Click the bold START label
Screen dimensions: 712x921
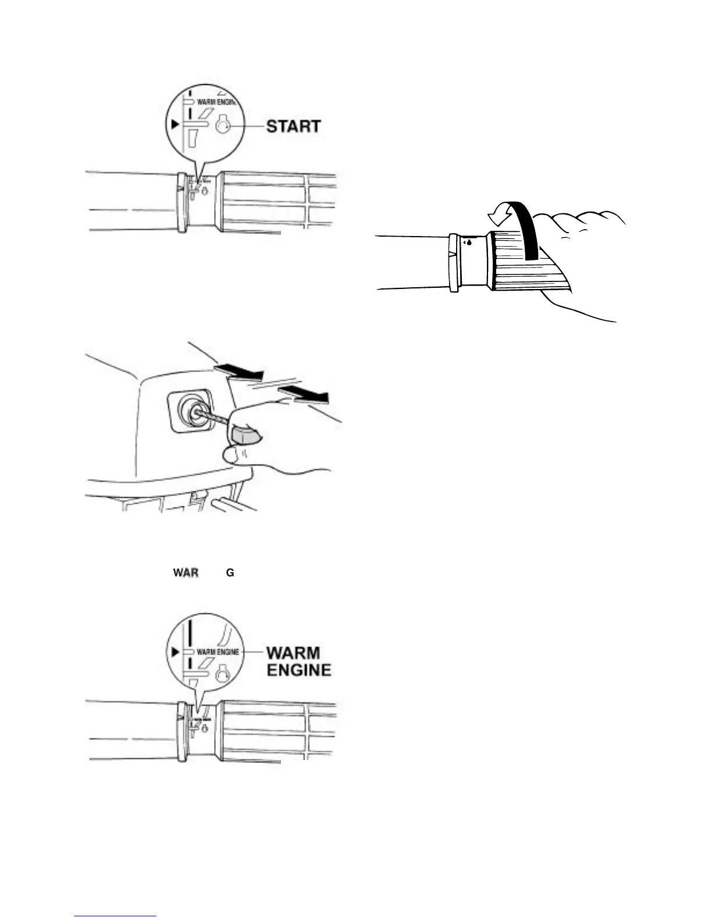(x=293, y=126)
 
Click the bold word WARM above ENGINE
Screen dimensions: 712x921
(x=293, y=652)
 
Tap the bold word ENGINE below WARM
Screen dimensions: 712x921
(x=298, y=670)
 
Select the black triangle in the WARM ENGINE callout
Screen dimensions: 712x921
(x=173, y=652)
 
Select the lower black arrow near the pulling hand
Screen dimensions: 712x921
(x=303, y=395)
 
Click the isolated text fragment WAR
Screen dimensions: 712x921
(x=186, y=573)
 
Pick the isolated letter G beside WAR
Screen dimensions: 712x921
(x=230, y=573)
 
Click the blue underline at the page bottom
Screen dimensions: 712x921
(x=116, y=916)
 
